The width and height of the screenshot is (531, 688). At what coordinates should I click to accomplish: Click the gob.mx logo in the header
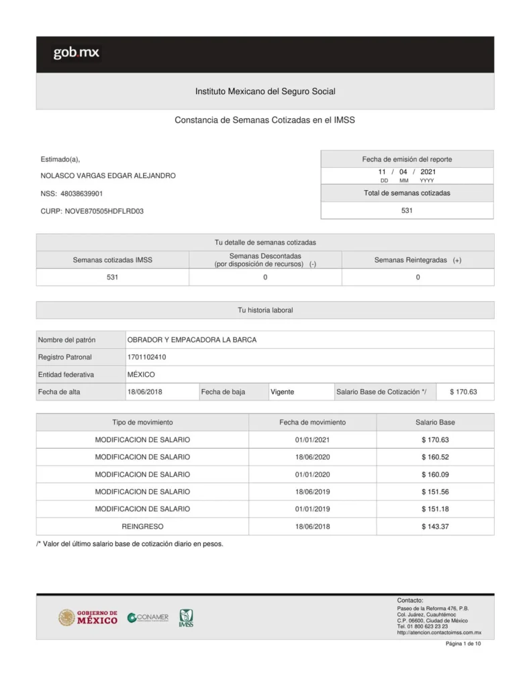(x=77, y=53)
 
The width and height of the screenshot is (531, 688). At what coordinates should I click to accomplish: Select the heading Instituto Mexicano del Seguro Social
(x=265, y=91)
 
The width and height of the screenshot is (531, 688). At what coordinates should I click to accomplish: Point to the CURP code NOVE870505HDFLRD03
(x=104, y=211)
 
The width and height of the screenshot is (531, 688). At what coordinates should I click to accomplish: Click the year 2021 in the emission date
(x=428, y=172)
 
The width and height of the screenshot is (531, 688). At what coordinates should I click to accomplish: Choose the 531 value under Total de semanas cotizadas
(x=407, y=210)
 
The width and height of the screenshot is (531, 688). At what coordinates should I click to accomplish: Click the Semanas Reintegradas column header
(x=418, y=260)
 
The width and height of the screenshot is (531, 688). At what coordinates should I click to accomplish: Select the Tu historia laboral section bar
(x=265, y=310)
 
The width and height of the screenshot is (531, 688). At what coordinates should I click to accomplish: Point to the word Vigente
(x=282, y=392)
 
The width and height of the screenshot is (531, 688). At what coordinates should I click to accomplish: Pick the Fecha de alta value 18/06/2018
(x=145, y=392)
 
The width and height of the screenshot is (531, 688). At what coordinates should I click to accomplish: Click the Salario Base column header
(x=435, y=423)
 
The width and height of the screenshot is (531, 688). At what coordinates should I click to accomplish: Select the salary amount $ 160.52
(x=435, y=457)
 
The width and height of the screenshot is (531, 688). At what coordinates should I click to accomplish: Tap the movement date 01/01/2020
(x=312, y=474)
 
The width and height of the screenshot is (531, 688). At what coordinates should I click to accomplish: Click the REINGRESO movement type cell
(x=142, y=527)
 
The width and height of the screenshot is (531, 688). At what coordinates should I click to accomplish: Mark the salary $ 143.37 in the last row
(x=435, y=527)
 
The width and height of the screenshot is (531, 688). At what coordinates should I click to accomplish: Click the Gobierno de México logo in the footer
(x=88, y=617)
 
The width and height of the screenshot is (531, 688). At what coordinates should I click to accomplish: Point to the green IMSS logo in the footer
(x=186, y=618)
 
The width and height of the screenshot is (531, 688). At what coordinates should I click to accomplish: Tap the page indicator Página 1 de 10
(x=463, y=644)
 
